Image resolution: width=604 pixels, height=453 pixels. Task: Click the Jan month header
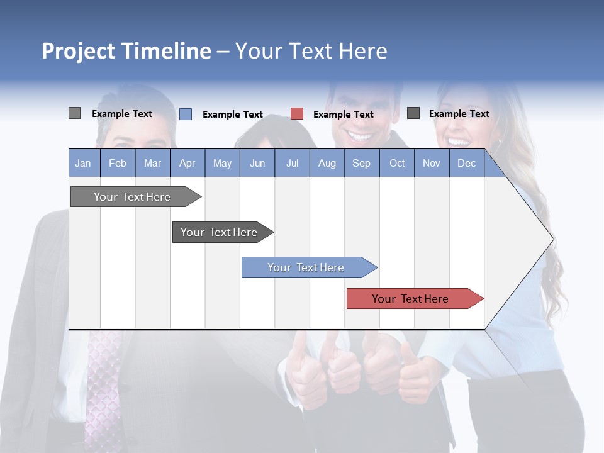83,164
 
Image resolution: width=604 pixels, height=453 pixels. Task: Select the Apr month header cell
187,164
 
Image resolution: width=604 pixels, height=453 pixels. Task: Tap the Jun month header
257,164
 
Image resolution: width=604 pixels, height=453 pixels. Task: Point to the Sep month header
361,164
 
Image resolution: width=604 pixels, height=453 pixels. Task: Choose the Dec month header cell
466,164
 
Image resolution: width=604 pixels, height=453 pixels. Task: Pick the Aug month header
327,164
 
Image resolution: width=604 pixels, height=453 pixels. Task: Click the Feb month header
118,164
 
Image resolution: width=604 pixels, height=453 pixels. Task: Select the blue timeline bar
306,267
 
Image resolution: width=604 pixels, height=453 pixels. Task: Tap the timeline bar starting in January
133,197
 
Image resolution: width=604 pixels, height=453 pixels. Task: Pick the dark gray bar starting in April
220,232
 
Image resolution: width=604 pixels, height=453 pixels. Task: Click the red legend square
297,114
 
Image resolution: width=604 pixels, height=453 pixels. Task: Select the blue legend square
186,114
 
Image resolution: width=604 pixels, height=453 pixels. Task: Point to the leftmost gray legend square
74,113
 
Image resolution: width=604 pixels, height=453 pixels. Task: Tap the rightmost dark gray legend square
413,113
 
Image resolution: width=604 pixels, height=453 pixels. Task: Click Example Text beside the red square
343,115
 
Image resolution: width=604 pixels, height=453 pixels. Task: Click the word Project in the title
78,51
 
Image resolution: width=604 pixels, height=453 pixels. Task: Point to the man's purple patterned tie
104,384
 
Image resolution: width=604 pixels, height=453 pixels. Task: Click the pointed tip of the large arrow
552,239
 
